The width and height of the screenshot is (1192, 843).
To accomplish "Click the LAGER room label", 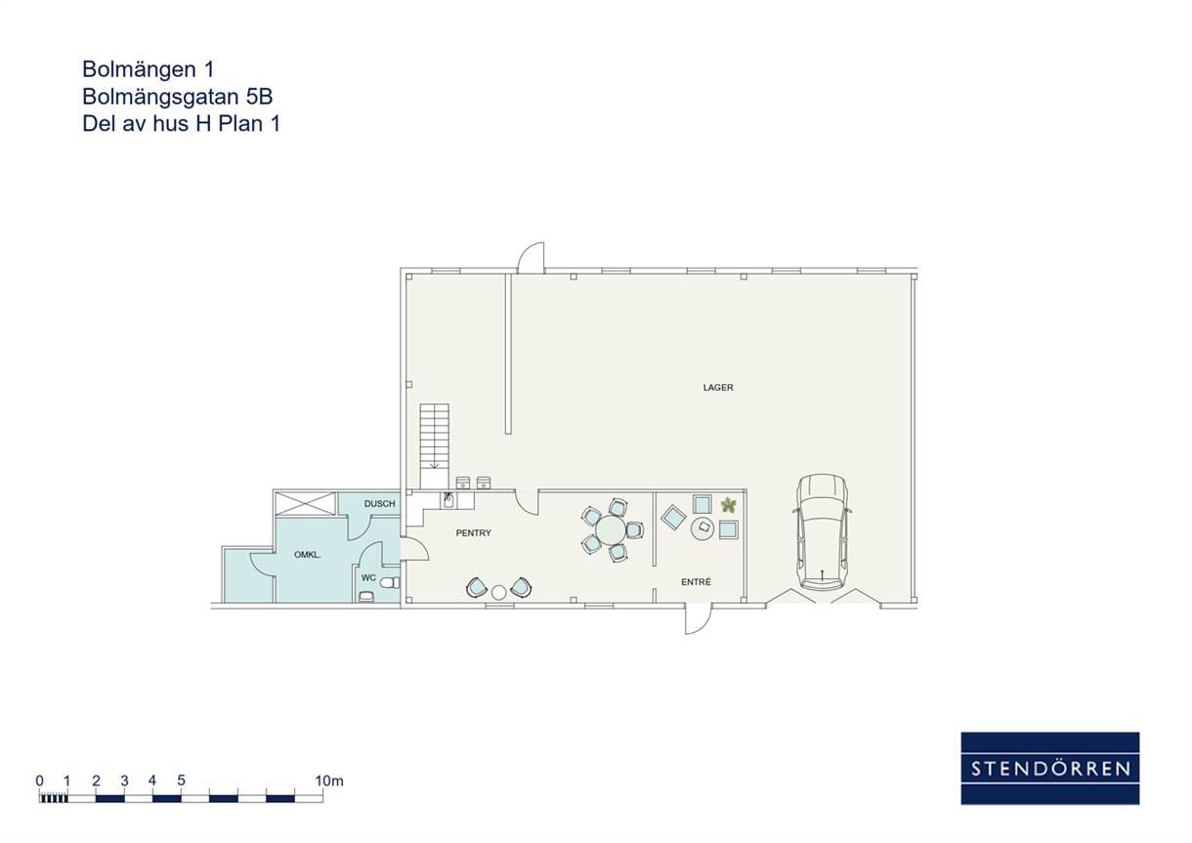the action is (x=718, y=387).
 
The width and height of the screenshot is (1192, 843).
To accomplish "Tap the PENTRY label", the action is (x=474, y=533).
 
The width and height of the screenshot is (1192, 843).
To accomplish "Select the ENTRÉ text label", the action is (x=696, y=582).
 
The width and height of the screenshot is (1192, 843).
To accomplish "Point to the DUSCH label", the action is (x=379, y=504).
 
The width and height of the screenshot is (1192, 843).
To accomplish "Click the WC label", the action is (x=368, y=577).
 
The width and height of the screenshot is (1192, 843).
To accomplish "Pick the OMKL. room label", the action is (x=308, y=555).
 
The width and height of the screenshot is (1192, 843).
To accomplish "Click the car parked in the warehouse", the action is (x=822, y=531).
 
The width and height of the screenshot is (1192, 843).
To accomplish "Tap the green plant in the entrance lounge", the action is (x=728, y=505).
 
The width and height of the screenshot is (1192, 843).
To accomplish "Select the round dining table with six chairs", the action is (x=612, y=529).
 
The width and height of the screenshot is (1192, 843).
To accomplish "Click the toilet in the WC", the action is (x=390, y=583).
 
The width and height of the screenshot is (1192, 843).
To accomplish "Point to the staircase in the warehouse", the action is (x=434, y=445).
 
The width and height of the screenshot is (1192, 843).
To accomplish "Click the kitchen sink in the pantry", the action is (x=448, y=500).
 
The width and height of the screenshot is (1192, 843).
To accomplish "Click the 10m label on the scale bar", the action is (x=329, y=780).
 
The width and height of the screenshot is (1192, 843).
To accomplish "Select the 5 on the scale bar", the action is (x=181, y=780).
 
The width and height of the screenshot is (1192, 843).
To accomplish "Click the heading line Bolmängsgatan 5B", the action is (x=177, y=97).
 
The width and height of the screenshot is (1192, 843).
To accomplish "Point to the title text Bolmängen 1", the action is (x=148, y=69).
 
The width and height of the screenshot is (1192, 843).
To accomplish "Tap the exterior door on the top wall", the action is (x=532, y=257).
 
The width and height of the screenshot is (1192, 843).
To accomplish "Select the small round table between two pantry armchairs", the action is (x=498, y=592).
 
